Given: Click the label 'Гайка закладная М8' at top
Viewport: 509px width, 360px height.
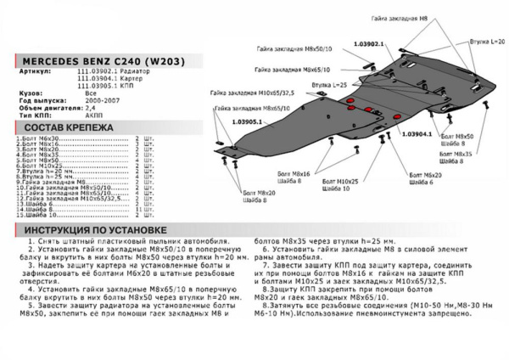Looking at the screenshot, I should coord(399,18).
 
